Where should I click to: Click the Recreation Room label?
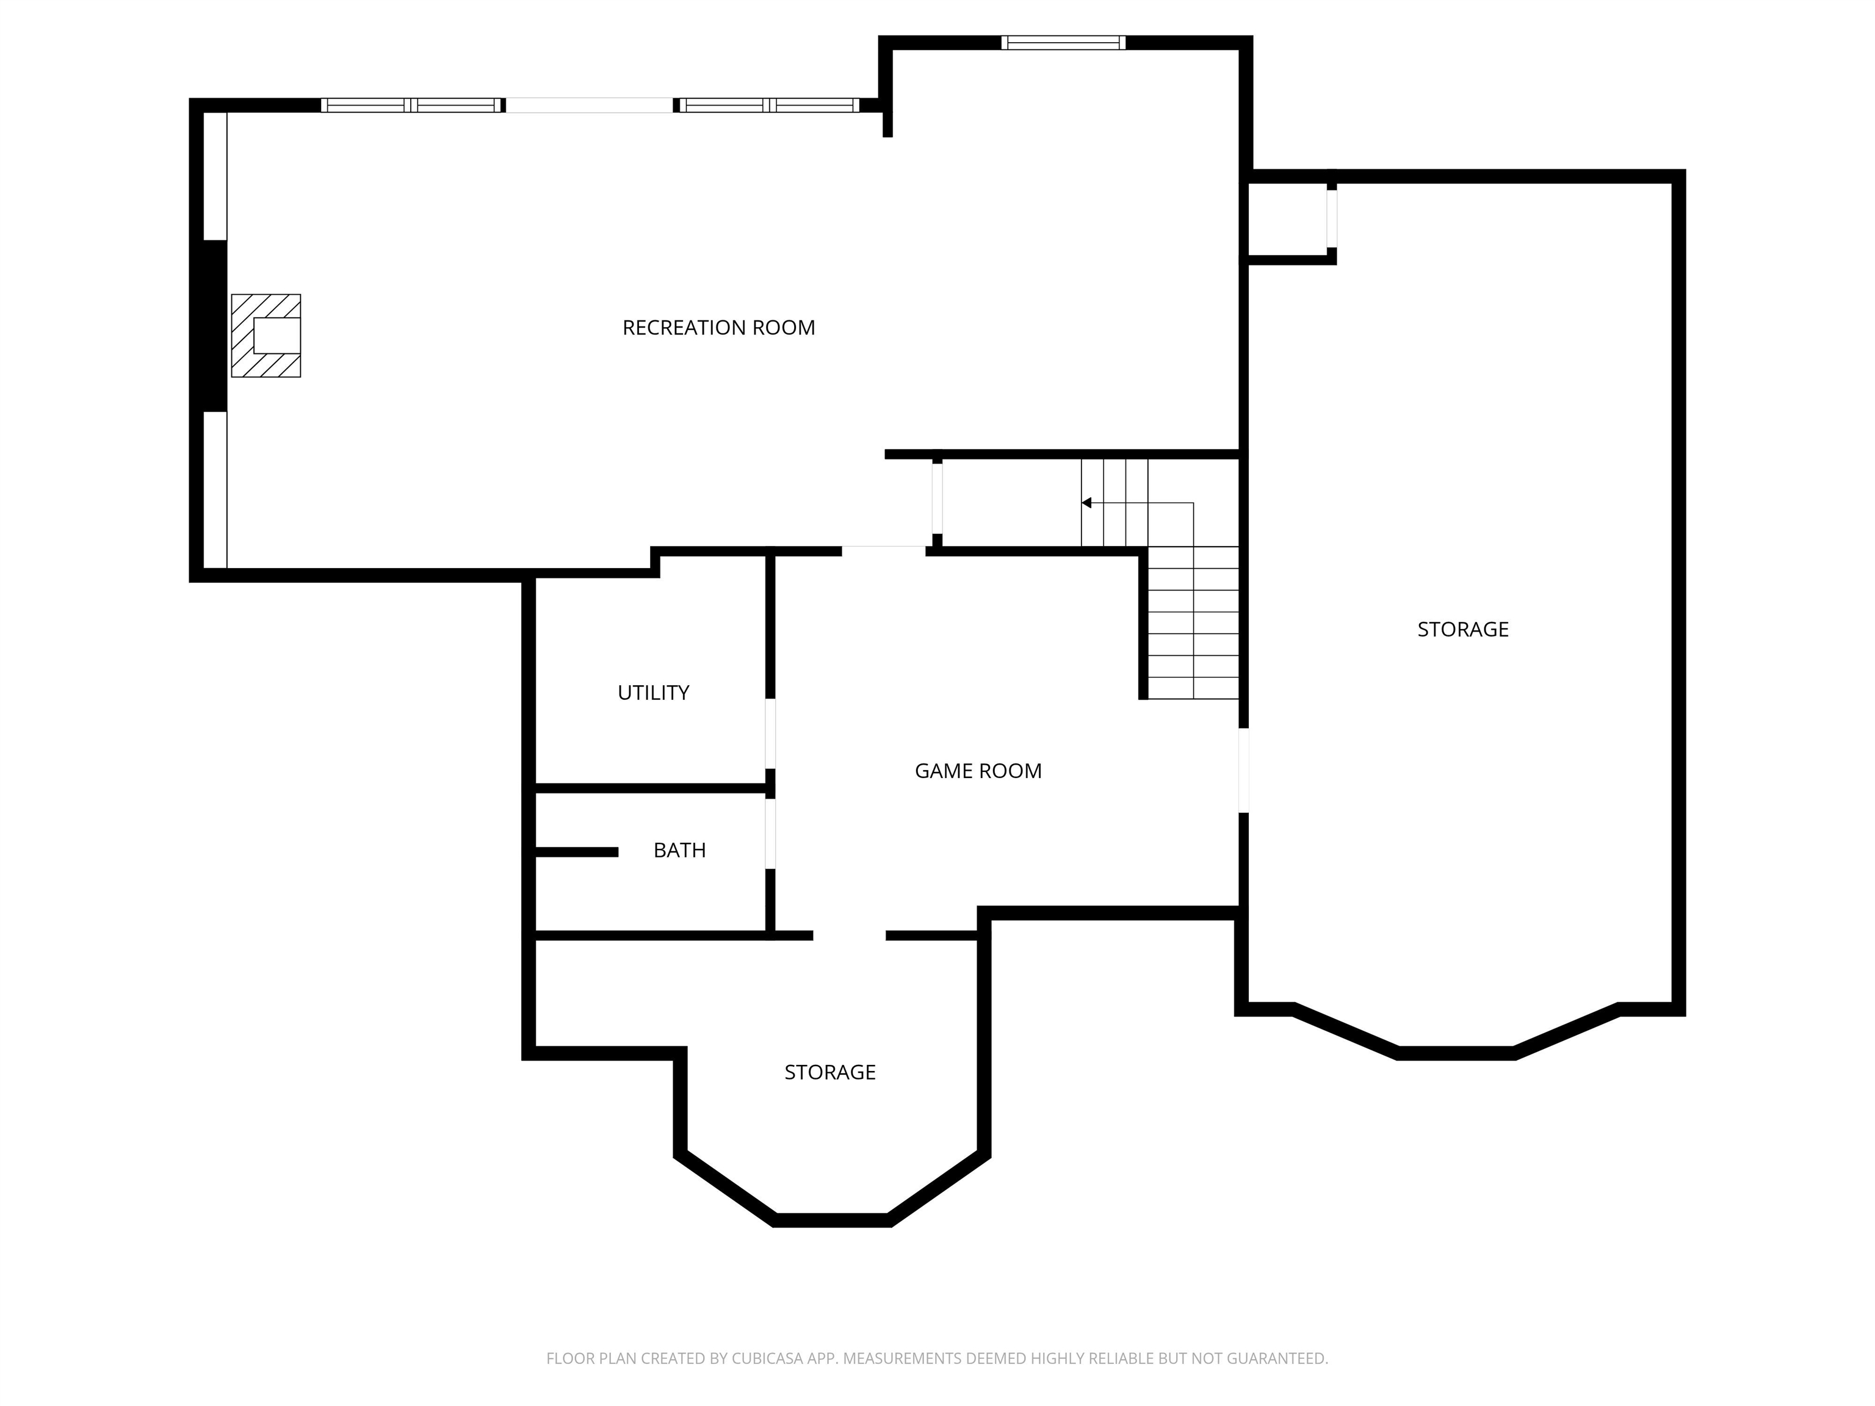(719, 328)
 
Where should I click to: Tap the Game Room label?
(978, 771)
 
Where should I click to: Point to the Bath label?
(680, 850)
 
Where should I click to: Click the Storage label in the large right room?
(1463, 630)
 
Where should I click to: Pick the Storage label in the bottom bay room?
(830, 1073)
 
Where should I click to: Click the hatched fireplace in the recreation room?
(266, 336)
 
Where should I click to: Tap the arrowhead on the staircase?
(1086, 503)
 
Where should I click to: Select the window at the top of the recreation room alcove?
(1063, 42)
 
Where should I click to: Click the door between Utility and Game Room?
(770, 734)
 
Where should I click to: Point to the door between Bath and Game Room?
(770, 834)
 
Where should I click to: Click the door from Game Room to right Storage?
(1243, 770)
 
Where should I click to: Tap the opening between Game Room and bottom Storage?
(850, 936)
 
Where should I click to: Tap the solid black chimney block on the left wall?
(214, 326)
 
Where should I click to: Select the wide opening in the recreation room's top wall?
(590, 105)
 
